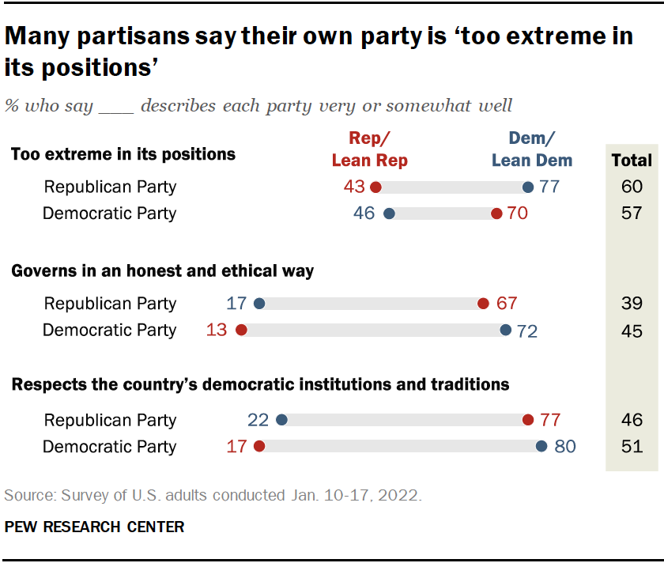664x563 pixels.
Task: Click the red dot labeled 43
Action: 375,187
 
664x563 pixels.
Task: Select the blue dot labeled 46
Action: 389,213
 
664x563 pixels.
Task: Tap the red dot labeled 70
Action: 496,213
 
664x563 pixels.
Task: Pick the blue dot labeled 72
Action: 506,330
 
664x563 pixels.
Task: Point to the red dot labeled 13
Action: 242,330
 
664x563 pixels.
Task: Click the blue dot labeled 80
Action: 541,447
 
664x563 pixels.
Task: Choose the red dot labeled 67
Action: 483,304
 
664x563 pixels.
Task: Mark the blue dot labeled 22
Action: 281,421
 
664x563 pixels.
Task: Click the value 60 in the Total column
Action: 632,187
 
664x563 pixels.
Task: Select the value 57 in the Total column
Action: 632,213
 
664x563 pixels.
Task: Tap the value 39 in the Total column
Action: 632,304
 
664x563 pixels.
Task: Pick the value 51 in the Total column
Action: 632,447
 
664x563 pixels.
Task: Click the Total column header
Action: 632,161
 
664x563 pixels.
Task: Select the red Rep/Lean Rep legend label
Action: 370,149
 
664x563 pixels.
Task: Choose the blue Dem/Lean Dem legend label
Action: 532,149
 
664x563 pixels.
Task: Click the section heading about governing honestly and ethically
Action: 162,271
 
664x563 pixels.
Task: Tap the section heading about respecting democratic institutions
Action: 259,385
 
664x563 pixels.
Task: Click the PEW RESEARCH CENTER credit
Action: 94,527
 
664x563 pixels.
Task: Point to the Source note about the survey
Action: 213,496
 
